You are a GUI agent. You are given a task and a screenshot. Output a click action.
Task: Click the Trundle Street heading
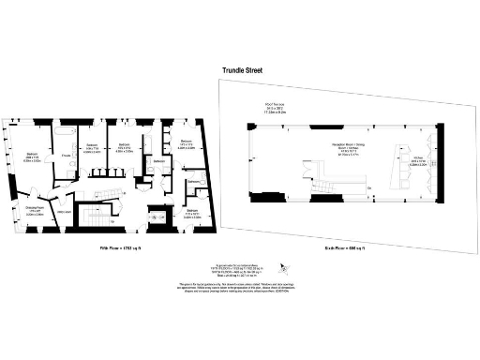[x=246, y=70]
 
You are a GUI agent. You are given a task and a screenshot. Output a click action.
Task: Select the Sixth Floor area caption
[x=344, y=247]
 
